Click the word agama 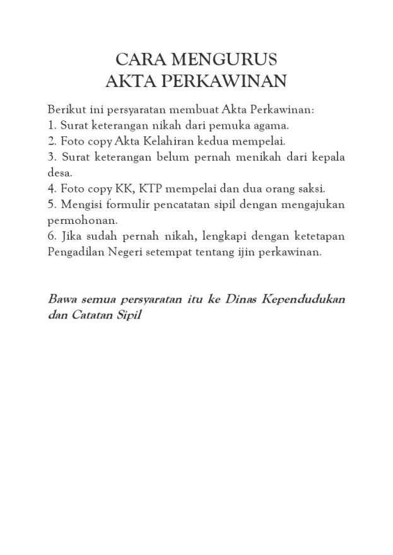coord(271,125)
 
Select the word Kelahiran coord(171,140)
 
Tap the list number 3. coord(52,156)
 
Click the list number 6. coord(52,236)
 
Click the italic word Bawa coord(62,298)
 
